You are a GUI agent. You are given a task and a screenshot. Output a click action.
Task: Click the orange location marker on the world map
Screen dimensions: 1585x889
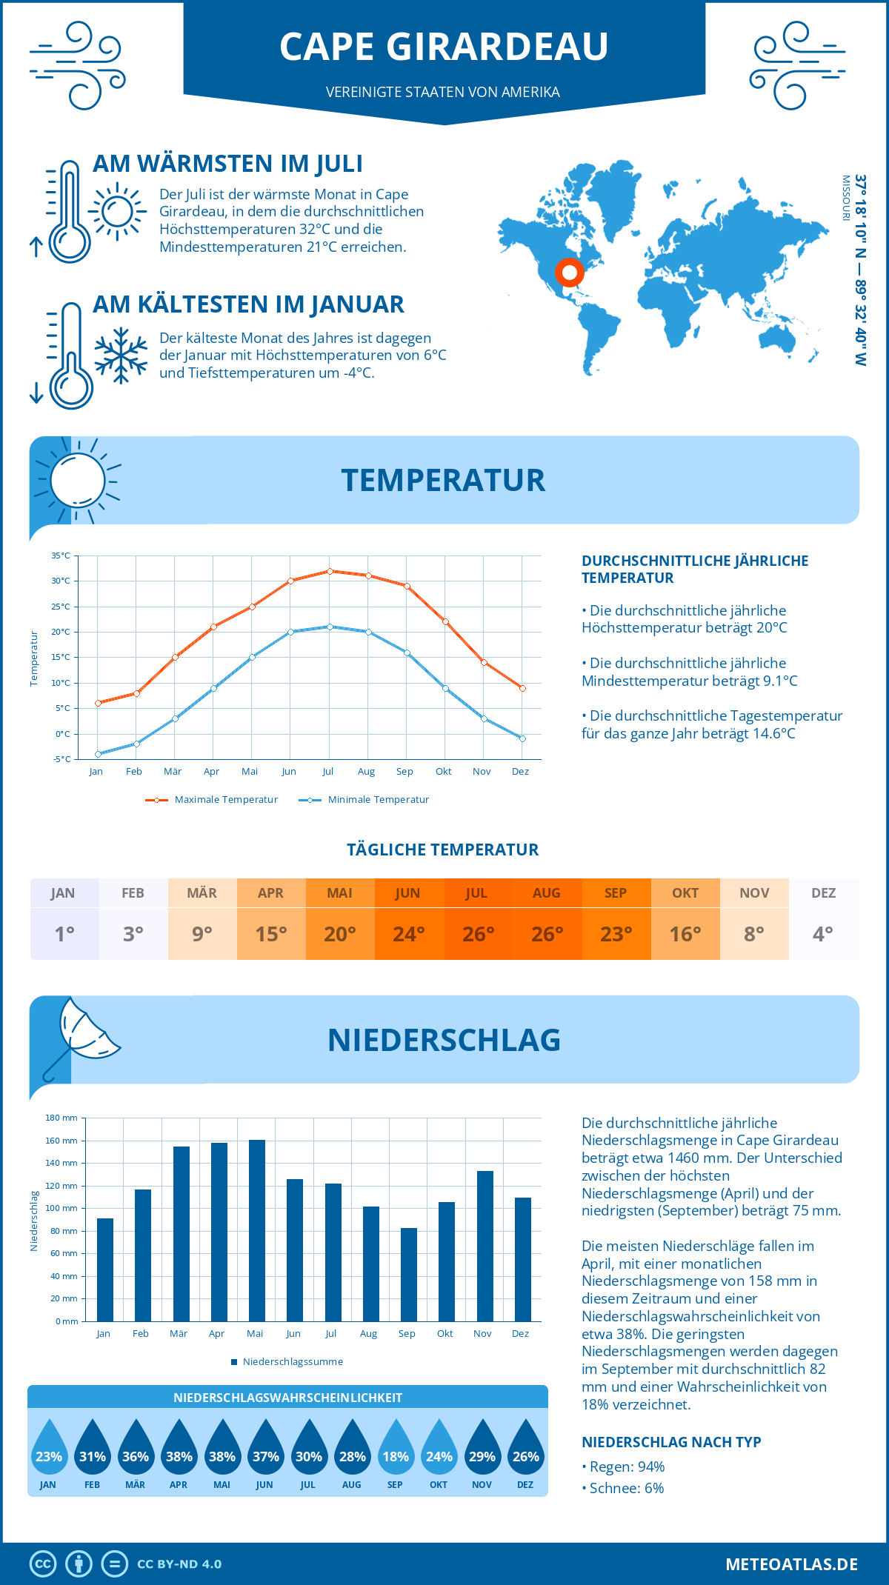click(569, 273)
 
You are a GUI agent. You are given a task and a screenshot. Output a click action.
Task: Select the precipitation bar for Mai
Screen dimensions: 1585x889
click(257, 1230)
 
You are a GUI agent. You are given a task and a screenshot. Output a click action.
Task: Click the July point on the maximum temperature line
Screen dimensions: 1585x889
click(330, 571)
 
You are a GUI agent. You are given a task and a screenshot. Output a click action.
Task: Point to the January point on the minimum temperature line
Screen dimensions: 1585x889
click(98, 754)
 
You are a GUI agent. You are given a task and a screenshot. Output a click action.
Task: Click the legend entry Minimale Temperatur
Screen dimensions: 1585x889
click(364, 800)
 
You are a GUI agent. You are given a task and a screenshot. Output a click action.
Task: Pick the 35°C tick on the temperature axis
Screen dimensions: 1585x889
click(61, 555)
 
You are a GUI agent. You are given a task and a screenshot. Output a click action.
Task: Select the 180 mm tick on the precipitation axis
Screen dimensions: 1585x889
click(62, 1118)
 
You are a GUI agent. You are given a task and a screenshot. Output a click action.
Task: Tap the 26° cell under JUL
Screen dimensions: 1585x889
click(478, 934)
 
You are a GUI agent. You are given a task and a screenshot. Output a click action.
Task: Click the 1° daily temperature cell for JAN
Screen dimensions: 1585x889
click(64, 934)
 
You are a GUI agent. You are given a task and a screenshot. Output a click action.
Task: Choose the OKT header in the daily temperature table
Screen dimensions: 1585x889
click(685, 893)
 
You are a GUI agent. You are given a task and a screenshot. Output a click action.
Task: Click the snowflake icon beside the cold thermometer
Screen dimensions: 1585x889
click(121, 355)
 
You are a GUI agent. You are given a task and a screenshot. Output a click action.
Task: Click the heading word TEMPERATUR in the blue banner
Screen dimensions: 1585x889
click(443, 480)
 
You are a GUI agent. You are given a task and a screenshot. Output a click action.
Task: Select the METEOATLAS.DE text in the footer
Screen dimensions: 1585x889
click(791, 1564)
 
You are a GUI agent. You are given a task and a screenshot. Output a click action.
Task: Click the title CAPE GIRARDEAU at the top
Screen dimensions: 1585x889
click(444, 47)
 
